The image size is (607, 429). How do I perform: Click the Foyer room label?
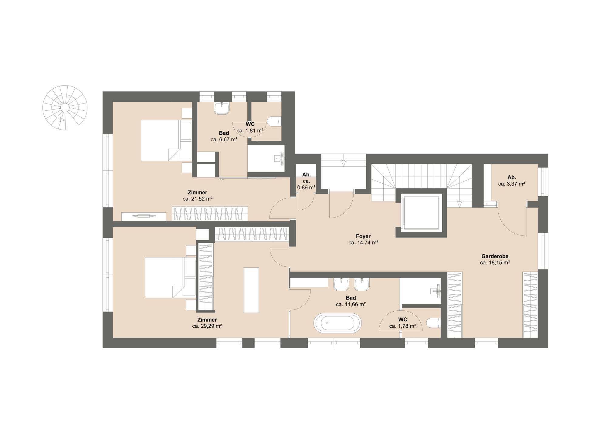click(363, 236)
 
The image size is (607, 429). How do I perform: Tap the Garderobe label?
click(495, 256)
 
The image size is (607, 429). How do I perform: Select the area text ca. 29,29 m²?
click(207, 326)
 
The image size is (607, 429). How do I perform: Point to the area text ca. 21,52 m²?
click(198, 199)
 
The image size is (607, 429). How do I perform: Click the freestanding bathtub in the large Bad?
click(337, 323)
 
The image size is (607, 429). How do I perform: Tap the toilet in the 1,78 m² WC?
click(433, 323)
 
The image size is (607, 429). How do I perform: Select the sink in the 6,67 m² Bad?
click(222, 108)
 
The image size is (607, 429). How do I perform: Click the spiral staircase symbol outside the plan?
click(65, 108)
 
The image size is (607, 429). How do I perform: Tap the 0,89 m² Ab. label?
click(306, 175)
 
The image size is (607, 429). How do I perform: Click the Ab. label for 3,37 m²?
click(511, 177)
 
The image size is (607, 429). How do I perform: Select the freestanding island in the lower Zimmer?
click(251, 290)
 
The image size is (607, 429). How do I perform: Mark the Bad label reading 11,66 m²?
click(351, 298)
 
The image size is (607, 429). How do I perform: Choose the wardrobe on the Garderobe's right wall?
click(530, 305)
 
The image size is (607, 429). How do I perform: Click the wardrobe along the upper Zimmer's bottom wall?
click(210, 214)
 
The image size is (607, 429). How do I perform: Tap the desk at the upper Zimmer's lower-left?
click(144, 216)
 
